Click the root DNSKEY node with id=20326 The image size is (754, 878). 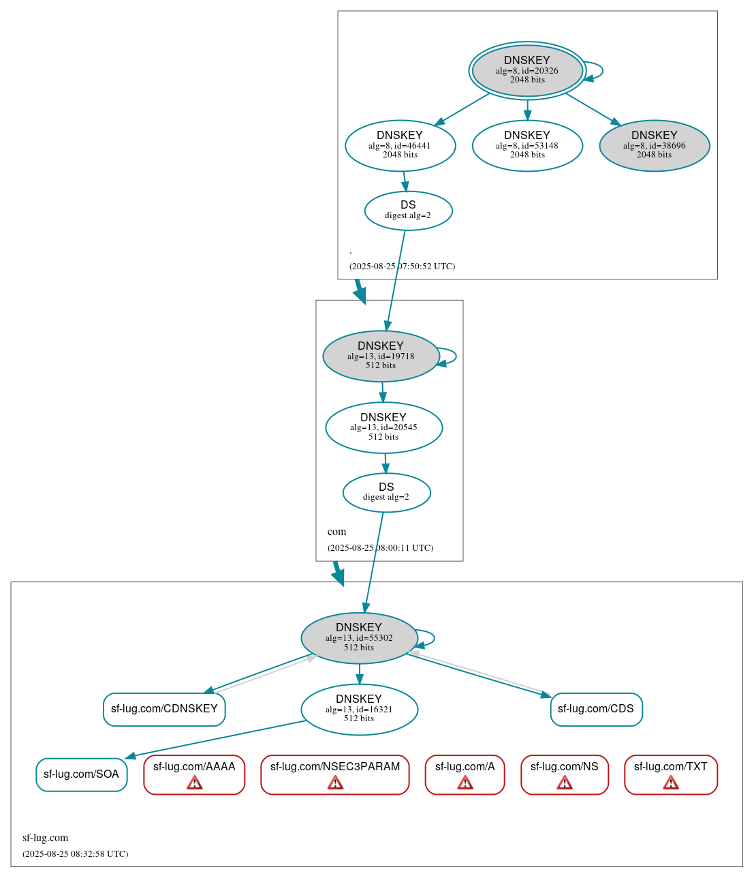click(527, 70)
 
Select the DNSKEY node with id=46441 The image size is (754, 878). click(400, 145)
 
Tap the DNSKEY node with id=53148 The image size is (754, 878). click(527, 145)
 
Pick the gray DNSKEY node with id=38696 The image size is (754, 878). click(654, 145)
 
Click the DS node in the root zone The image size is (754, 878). click(408, 210)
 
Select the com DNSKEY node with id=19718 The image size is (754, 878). click(381, 356)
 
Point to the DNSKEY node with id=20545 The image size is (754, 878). click(383, 427)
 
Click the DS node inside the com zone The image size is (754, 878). click(386, 492)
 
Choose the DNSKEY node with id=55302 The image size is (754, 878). click(359, 637)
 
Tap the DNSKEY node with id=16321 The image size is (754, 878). click(359, 709)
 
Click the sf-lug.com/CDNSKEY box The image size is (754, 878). click(164, 709)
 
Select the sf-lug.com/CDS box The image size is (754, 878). click(596, 709)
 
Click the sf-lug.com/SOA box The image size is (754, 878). click(81, 774)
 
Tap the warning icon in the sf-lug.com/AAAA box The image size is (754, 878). click(194, 783)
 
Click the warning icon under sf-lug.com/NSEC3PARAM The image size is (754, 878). click(335, 783)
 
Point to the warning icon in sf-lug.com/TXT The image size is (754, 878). click(671, 783)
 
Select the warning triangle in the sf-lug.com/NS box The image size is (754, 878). click(565, 783)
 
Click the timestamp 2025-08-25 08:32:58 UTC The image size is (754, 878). click(75, 853)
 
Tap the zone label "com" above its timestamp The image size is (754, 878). click(336, 532)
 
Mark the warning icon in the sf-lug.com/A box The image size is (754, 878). click(465, 783)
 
